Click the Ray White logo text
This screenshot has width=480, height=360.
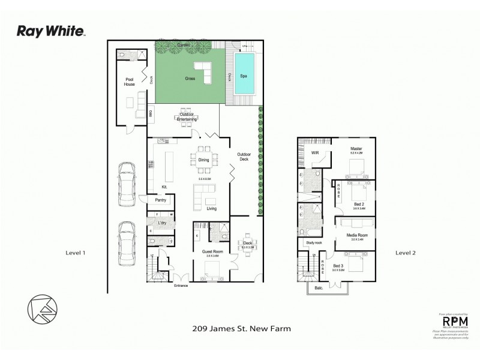pyautogui.click(x=51, y=31)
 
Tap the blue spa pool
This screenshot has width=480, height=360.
pyautogui.click(x=244, y=74)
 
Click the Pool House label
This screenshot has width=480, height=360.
pyautogui.click(x=130, y=82)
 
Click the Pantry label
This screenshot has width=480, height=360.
pyautogui.click(x=160, y=200)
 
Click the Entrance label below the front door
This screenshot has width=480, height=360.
pyautogui.click(x=181, y=285)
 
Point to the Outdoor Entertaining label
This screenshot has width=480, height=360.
pyautogui.click(x=187, y=116)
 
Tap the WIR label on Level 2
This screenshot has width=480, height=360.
pyautogui.click(x=315, y=152)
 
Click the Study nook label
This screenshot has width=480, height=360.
pyautogui.click(x=314, y=242)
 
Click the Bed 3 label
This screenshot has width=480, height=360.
pyautogui.click(x=338, y=265)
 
